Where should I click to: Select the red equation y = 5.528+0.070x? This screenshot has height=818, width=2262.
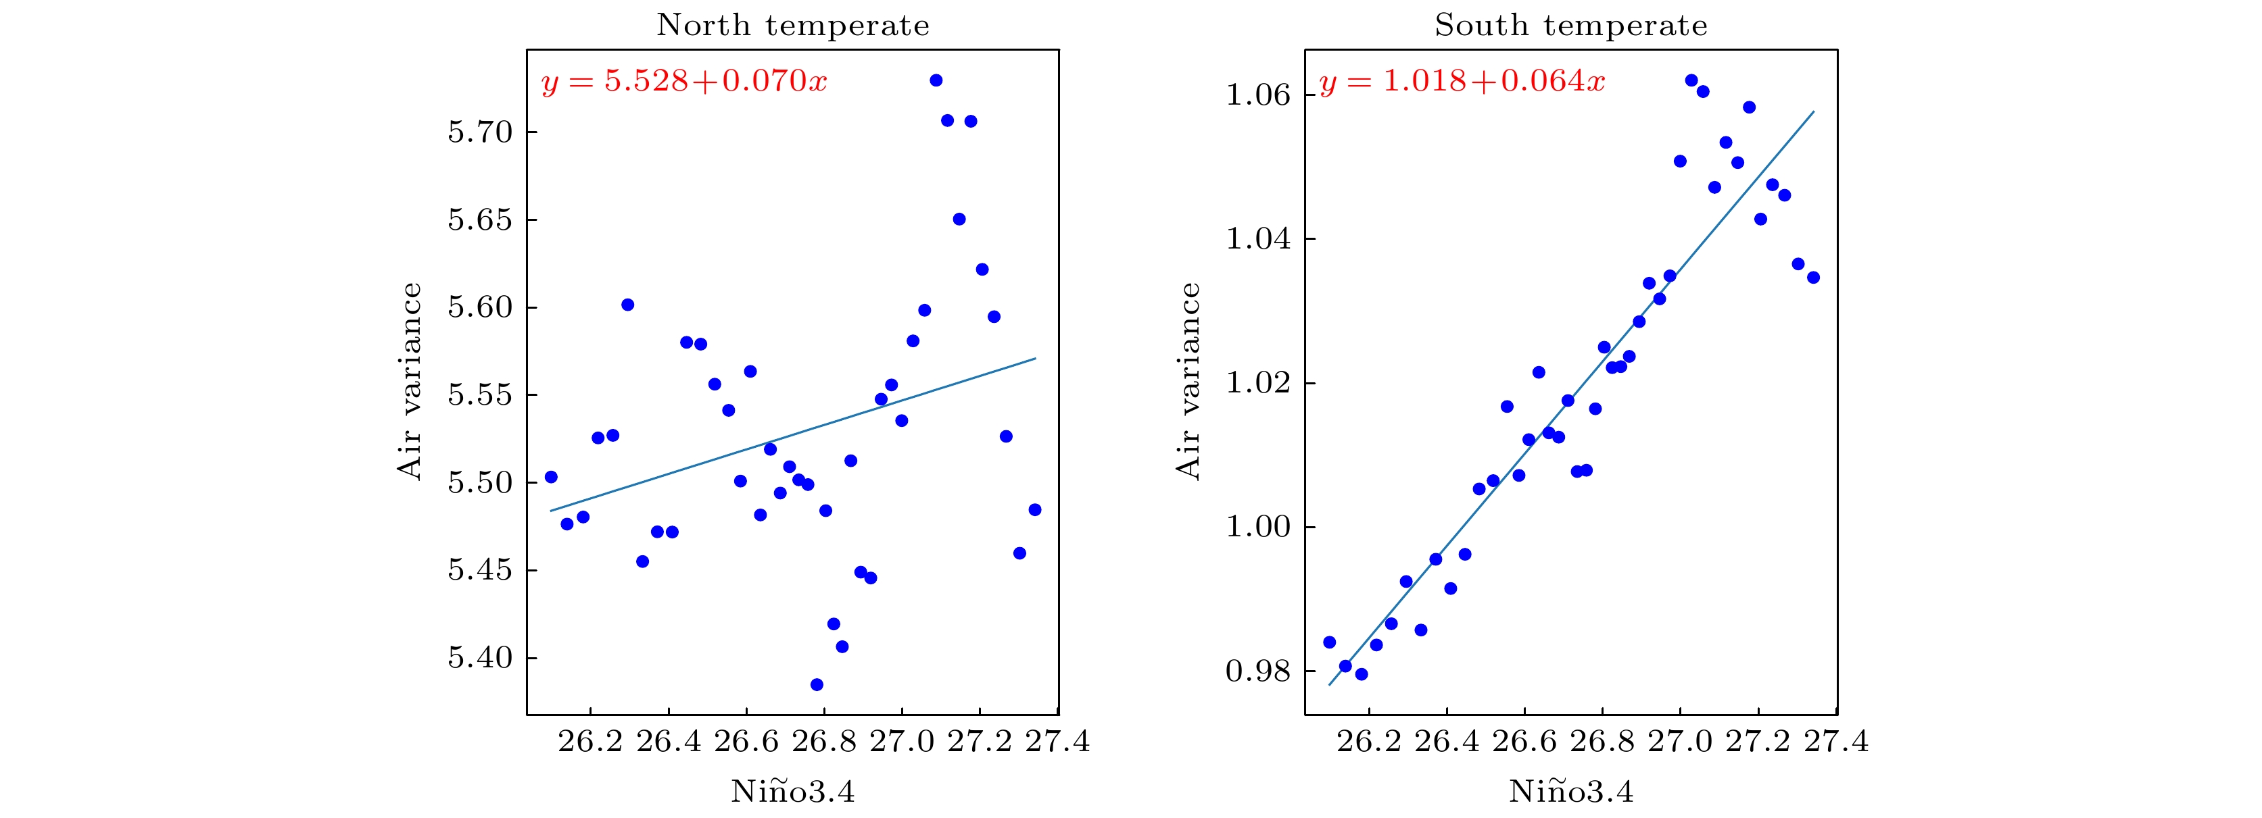click(x=684, y=82)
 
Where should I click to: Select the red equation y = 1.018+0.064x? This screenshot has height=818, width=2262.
click(x=1462, y=82)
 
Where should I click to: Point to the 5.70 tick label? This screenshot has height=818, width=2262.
click(x=479, y=132)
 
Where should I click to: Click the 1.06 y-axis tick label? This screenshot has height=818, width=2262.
click(x=1258, y=95)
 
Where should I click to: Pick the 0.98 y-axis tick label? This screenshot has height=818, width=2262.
click(x=1258, y=672)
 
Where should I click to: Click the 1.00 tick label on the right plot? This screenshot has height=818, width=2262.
click(x=1258, y=528)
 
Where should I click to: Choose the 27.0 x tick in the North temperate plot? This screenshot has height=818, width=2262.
click(x=902, y=742)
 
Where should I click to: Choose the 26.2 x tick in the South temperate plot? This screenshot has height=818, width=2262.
click(x=1369, y=742)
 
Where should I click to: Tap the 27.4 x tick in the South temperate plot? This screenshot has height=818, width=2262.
click(x=1836, y=742)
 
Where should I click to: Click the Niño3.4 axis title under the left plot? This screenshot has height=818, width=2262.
click(x=792, y=792)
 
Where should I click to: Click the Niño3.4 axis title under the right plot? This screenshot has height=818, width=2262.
click(x=1571, y=792)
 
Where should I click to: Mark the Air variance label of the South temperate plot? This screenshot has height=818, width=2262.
click(x=1188, y=381)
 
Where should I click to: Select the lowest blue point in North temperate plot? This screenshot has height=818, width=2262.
click(x=817, y=684)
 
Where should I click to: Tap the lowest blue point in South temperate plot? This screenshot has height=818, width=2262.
click(x=1361, y=674)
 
